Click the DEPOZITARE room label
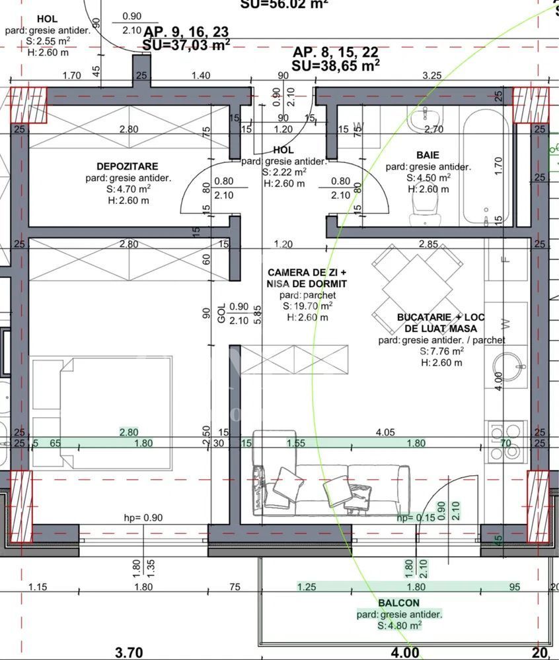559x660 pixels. tap(127, 166)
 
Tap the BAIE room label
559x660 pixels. tap(428, 155)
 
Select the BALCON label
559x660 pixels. tap(398, 603)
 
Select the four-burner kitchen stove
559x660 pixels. tap(506, 438)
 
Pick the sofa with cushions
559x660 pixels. tap(328, 487)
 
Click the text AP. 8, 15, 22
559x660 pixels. tap(336, 53)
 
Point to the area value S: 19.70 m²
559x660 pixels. tap(307, 306)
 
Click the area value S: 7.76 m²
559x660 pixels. tap(441, 351)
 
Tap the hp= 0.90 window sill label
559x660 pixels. tap(143, 517)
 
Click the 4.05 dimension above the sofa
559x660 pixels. tap(385, 433)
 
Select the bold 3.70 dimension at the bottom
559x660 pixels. tap(129, 653)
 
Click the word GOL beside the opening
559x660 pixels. tap(221, 312)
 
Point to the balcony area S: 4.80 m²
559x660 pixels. tap(399, 624)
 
